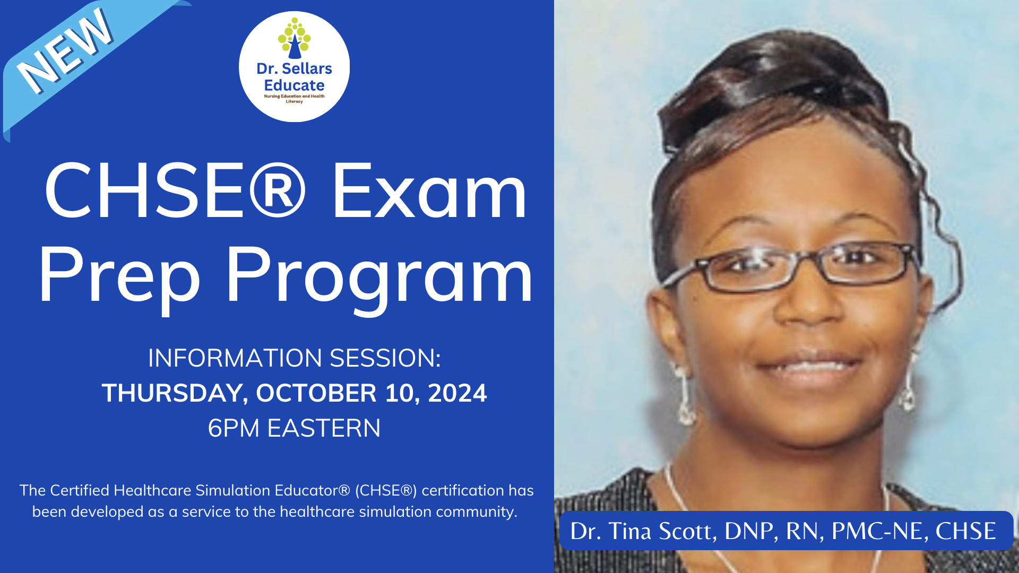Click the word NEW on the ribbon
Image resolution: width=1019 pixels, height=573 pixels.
coord(65,51)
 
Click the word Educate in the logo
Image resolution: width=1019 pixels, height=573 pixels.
coord(294,85)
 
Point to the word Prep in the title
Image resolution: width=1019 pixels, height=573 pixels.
coord(119,276)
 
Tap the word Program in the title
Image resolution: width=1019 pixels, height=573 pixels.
coord(379,277)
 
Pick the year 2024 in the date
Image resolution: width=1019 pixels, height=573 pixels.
coord(457,393)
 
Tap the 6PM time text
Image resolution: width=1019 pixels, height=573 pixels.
coord(234,428)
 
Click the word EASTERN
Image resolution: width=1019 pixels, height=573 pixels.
coord(324,428)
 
